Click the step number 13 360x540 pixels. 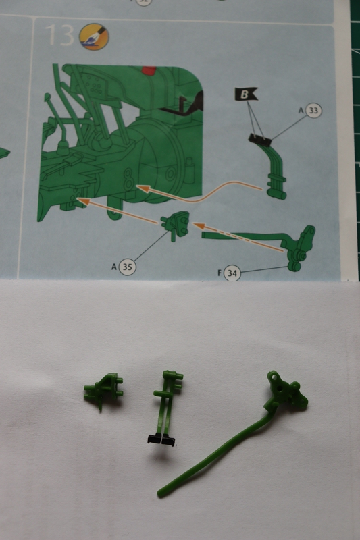(x=59, y=35)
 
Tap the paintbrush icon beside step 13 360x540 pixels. (x=94, y=36)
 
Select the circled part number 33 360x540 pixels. (x=313, y=111)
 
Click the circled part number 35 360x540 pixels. (x=127, y=267)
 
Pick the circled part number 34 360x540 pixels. (x=232, y=273)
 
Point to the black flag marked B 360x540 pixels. (x=246, y=94)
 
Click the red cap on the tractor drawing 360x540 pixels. (x=149, y=70)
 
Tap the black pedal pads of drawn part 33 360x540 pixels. (x=260, y=138)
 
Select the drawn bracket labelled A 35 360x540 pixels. (x=176, y=225)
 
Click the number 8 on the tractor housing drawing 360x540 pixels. (x=128, y=179)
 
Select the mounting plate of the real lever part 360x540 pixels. (x=287, y=390)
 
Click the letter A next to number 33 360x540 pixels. (x=301, y=110)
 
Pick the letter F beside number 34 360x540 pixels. (x=220, y=273)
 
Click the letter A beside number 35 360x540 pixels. (x=114, y=267)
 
